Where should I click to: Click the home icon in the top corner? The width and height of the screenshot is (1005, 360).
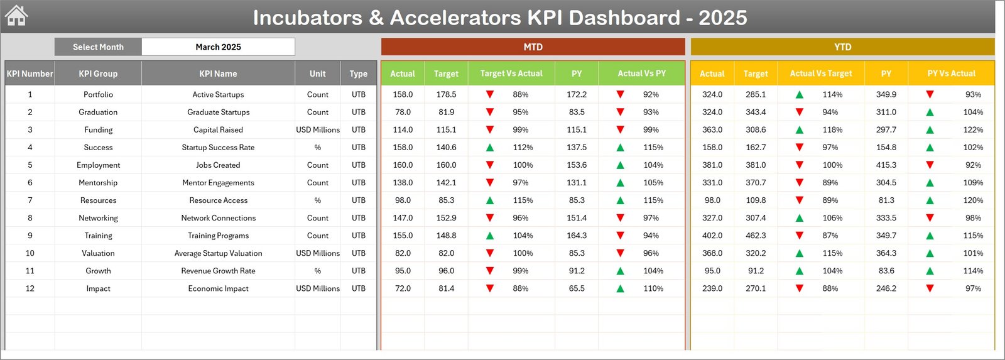(16, 16)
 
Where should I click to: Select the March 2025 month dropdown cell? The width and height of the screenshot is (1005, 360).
(218, 47)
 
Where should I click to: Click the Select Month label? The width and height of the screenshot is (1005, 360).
(98, 47)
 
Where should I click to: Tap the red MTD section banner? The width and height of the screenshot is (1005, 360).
(533, 47)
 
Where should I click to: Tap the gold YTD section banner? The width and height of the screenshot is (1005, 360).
(842, 47)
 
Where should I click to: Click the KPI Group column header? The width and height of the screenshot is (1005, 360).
(98, 74)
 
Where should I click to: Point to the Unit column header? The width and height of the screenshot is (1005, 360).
(317, 74)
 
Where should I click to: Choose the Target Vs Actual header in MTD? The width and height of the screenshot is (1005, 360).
(511, 74)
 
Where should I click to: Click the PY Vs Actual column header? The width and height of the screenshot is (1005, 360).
(951, 74)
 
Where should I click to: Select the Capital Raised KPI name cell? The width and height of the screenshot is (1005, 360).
(218, 130)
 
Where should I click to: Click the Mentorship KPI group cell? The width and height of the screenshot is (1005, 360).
(98, 183)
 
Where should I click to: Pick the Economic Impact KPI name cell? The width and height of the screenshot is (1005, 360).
(218, 289)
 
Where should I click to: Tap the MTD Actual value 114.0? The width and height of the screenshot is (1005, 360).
(403, 130)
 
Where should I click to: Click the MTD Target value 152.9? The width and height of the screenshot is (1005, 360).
(446, 218)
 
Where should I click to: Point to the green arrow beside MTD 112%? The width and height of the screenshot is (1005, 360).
(490, 148)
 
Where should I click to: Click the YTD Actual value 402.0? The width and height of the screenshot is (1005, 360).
(712, 236)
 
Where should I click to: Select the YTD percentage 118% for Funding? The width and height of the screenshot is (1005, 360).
(832, 130)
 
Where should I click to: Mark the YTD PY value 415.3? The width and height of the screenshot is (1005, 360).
(886, 165)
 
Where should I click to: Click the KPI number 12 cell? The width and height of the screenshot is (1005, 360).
(30, 289)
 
